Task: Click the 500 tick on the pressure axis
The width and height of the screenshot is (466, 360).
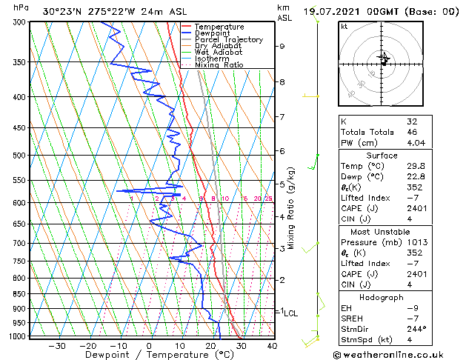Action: click(x=16, y=156)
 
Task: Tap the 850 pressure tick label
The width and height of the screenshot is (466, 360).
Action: click(x=16, y=294)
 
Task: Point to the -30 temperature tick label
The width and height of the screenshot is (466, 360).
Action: click(x=57, y=346)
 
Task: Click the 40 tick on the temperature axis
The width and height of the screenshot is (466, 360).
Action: click(x=272, y=346)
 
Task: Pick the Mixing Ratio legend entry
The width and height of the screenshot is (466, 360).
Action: click(x=219, y=65)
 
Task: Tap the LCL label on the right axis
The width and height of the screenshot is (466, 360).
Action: click(x=291, y=313)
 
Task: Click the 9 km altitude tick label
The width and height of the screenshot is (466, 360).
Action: click(x=282, y=46)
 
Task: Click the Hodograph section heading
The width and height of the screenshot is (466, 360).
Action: click(x=382, y=298)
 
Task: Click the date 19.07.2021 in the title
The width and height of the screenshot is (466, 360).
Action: click(x=333, y=12)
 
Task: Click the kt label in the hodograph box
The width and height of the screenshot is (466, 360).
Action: click(x=344, y=26)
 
